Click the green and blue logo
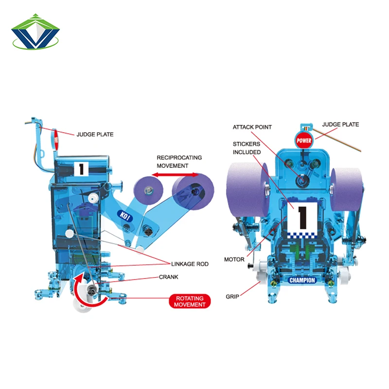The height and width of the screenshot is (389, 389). (x=35, y=33)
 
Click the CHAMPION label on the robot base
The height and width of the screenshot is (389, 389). (x=302, y=280)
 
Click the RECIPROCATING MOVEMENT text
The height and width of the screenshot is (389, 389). (x=179, y=162)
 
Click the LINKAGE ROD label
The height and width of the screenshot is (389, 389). (x=190, y=264)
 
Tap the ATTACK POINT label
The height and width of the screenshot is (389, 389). (x=252, y=127)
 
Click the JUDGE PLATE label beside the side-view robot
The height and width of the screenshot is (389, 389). (x=95, y=134)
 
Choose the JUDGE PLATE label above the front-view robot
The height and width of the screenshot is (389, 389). (x=340, y=124)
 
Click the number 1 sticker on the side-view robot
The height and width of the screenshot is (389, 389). (x=81, y=169)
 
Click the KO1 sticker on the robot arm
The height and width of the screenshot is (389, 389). (x=124, y=214)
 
